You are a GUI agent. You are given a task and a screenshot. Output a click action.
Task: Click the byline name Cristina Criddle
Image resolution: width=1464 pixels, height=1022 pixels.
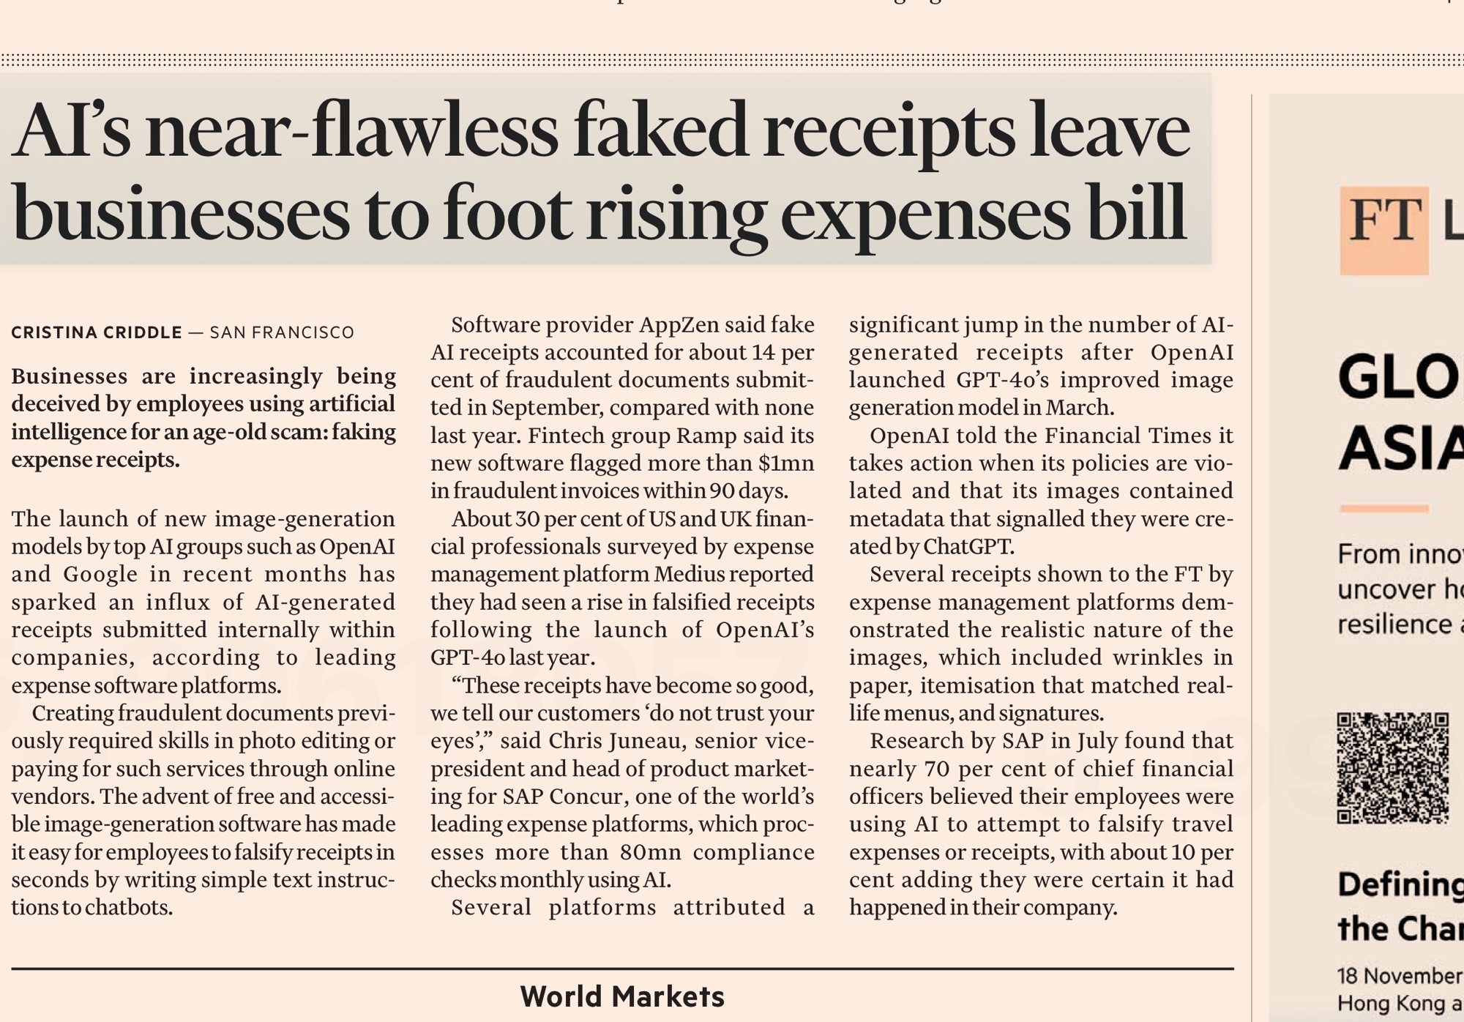(97, 332)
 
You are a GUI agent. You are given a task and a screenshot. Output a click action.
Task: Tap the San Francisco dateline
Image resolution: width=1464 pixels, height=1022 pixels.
(282, 332)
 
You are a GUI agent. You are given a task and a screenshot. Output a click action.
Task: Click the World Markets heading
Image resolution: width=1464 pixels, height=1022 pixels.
(622, 996)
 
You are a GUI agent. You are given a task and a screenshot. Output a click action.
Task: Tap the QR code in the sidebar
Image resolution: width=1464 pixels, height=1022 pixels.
(1393, 768)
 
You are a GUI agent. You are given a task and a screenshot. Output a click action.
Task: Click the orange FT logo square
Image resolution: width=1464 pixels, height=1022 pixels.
(1384, 230)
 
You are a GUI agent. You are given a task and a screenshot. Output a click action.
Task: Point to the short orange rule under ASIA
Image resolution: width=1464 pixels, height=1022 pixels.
(1383, 508)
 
